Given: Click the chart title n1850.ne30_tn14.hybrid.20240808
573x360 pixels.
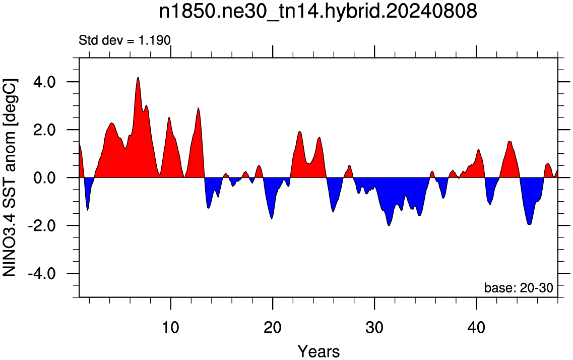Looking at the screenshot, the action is coord(318,12).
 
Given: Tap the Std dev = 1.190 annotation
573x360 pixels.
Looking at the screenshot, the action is coord(124,40).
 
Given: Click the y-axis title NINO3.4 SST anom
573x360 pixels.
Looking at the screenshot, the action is coord(10,177).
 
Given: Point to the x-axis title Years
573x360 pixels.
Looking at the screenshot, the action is coord(319,351).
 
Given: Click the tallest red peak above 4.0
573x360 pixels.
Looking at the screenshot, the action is coord(138,78).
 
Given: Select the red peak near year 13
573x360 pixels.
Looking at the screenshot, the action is coord(198,108).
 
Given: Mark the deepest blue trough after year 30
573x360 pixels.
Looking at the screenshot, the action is coord(389,225).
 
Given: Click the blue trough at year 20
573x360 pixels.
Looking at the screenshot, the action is coord(272,218).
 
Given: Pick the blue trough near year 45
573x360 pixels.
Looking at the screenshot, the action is coord(529,224).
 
